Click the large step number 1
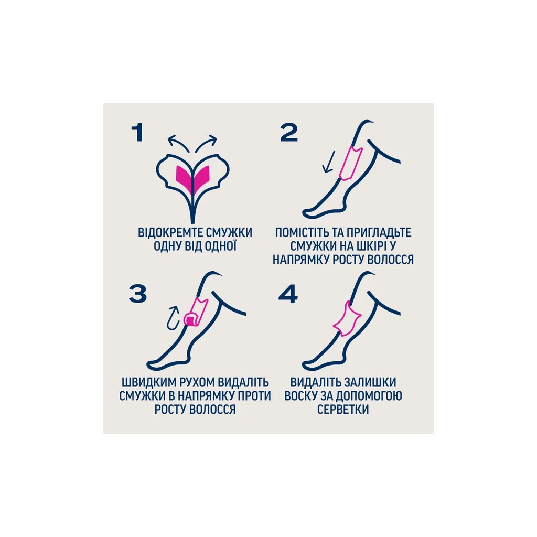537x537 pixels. point(137,133)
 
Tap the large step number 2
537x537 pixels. point(289,133)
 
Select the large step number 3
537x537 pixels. point(138,294)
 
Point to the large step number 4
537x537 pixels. point(288,294)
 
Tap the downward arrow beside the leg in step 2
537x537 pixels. point(328,164)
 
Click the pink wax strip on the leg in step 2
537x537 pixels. point(350,163)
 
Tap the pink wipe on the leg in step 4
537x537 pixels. point(347,318)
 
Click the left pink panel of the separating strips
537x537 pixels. point(184,177)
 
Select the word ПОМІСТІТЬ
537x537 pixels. point(303,233)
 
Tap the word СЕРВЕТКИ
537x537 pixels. point(343,409)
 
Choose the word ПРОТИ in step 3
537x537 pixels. point(254,396)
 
